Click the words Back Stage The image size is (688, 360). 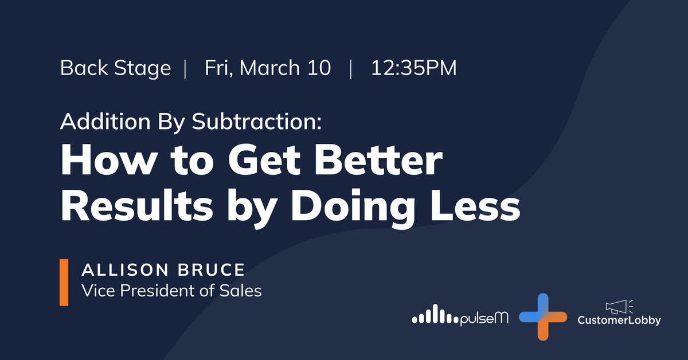pos(115,68)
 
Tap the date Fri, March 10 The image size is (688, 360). pos(268,68)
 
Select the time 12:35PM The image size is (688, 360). pos(413,68)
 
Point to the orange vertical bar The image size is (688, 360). pos(64,282)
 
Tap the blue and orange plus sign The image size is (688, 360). pos(542,316)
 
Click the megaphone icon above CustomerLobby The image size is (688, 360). pos(617,306)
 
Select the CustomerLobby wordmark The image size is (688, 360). pos(619,320)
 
